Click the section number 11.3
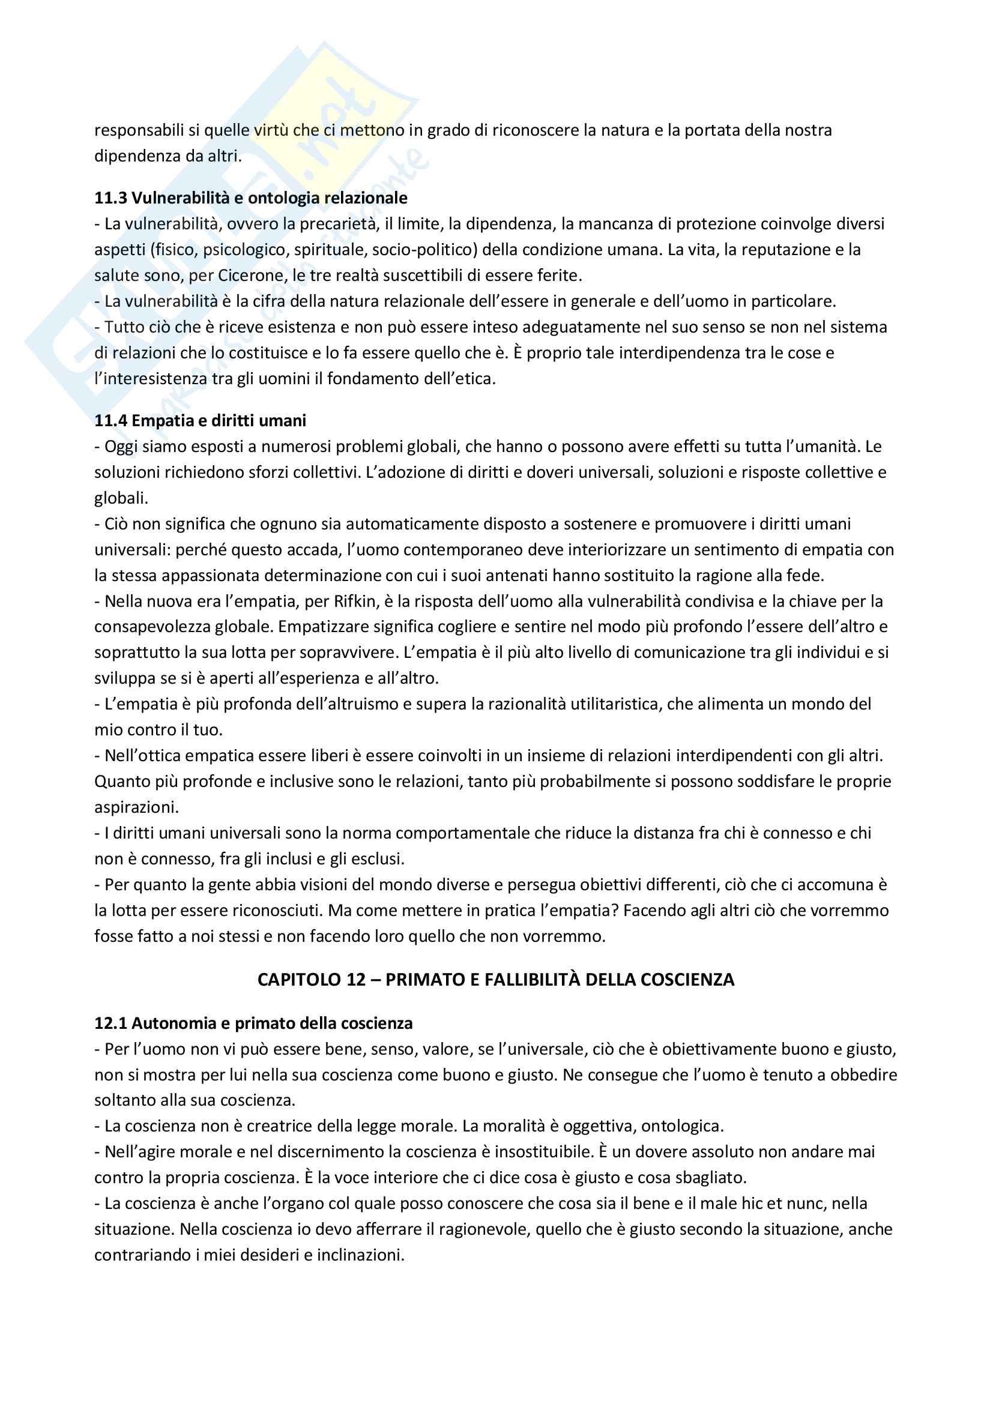tap(110, 198)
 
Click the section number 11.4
tap(110, 421)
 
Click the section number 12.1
tap(110, 1023)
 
